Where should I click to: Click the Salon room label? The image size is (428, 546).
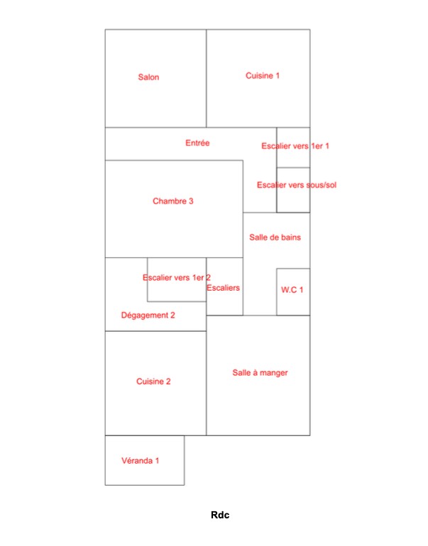point(148,77)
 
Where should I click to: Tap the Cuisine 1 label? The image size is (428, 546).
point(263,76)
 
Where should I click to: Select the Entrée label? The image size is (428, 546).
point(197,143)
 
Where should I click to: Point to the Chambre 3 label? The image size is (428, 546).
point(173,201)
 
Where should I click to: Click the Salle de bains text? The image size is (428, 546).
point(275,237)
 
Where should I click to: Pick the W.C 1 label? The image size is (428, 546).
point(292,290)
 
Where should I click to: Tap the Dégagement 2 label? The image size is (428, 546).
point(148,315)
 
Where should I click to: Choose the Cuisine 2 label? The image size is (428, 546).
point(153,381)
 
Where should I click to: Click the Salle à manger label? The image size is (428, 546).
point(260,372)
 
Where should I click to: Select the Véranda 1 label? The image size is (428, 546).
point(140,461)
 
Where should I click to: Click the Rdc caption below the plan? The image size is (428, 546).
point(220,515)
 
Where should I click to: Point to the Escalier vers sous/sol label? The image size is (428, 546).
point(297,185)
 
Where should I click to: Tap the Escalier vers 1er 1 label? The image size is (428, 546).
point(295,146)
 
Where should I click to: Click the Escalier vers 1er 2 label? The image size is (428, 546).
point(177,277)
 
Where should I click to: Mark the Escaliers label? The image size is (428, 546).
point(223,288)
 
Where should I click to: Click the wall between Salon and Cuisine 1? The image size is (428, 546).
point(207,78)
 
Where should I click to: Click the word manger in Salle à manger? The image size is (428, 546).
point(273,373)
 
